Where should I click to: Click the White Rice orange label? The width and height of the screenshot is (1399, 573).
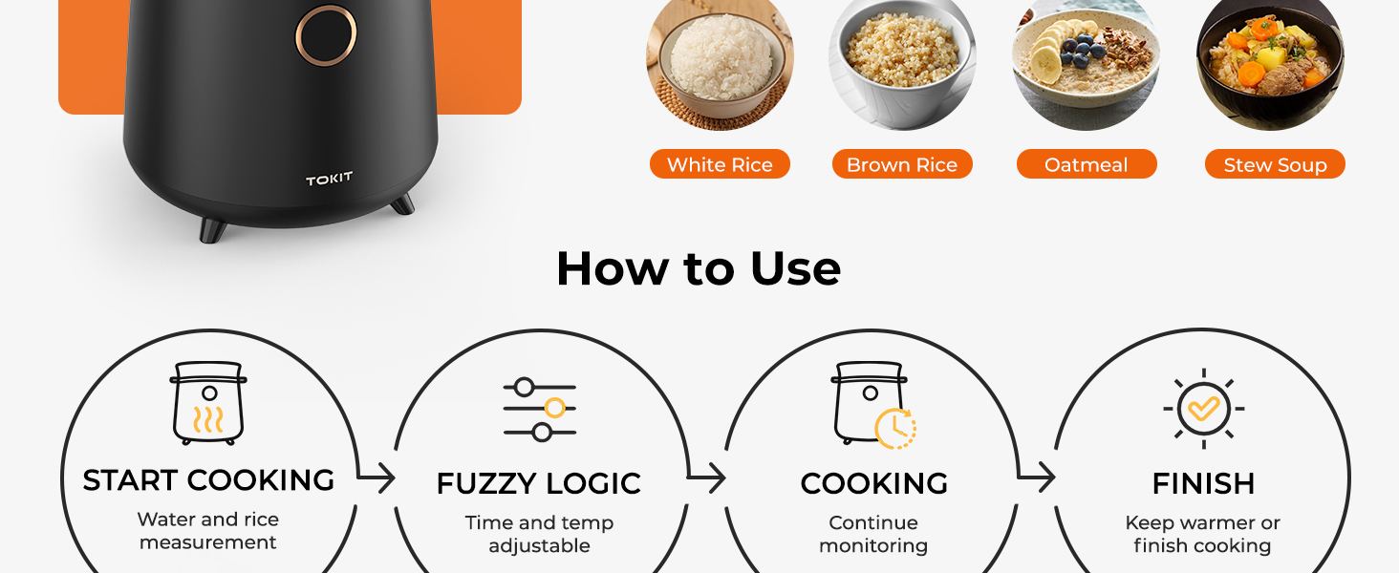720,164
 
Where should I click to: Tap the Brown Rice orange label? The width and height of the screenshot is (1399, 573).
901,164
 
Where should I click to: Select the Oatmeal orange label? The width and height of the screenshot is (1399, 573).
1086,164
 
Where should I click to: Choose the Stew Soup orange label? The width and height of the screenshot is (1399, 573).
1275,164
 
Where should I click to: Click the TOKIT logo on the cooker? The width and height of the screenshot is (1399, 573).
329,180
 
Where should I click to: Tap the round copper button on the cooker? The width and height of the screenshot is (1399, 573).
326,35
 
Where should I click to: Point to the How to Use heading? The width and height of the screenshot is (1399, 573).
699,268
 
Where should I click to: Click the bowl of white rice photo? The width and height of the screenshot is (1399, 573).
720,59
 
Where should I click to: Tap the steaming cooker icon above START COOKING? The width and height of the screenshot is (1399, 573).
208,403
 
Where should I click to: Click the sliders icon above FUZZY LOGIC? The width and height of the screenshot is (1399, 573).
540,410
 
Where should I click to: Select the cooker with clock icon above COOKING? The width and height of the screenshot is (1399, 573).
873,404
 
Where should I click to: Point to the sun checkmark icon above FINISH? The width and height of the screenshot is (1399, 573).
1203,409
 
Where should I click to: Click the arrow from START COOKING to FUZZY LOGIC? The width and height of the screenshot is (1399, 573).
376,477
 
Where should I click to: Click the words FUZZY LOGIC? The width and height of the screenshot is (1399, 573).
538,483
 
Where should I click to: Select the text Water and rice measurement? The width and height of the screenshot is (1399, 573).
208,531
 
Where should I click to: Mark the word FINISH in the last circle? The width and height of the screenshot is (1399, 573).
1203,483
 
